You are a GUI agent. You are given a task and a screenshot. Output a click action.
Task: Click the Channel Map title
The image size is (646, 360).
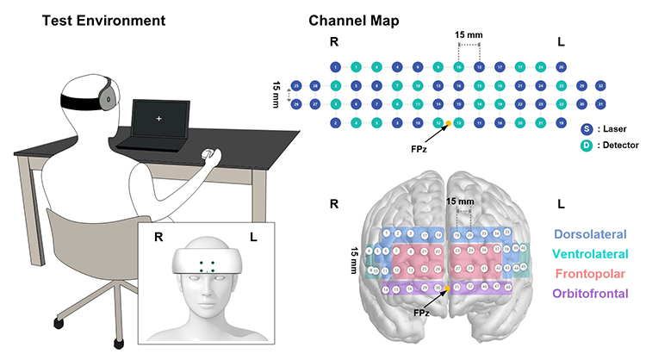click(354, 19)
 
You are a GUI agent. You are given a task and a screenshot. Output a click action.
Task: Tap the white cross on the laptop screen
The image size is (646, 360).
click(157, 115)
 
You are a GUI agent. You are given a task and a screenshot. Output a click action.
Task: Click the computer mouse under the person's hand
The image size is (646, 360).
click(207, 156)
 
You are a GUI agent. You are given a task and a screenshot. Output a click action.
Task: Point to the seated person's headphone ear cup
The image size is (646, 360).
click(108, 96)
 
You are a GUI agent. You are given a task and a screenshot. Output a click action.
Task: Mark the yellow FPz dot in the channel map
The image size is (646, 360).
click(448, 125)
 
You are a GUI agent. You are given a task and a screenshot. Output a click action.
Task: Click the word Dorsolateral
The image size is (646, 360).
click(591, 234)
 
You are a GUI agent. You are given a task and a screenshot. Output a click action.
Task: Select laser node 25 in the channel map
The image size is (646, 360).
click(296, 86)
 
